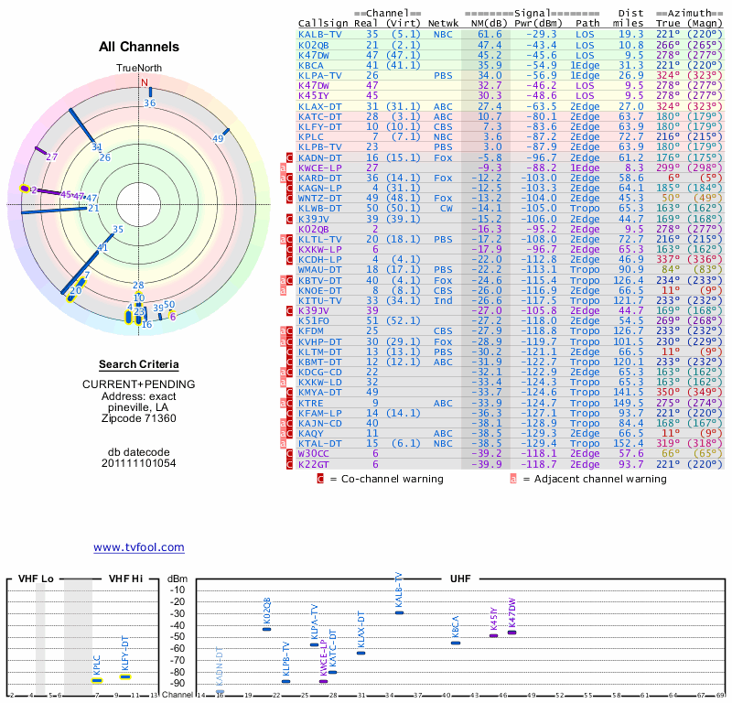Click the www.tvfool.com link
pos(139,547)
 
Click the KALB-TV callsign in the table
pos(320,35)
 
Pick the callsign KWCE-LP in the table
pos(319,168)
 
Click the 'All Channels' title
pos(139,47)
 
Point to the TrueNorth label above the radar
pos(138,69)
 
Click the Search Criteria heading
pos(138,364)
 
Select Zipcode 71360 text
pos(139,418)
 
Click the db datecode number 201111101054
pos(139,463)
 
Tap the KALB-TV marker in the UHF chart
pos(399,612)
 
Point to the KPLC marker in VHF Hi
pos(97,680)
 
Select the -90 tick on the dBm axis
pos(178,683)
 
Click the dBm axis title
pos(178,579)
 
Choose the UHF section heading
pos(461,579)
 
